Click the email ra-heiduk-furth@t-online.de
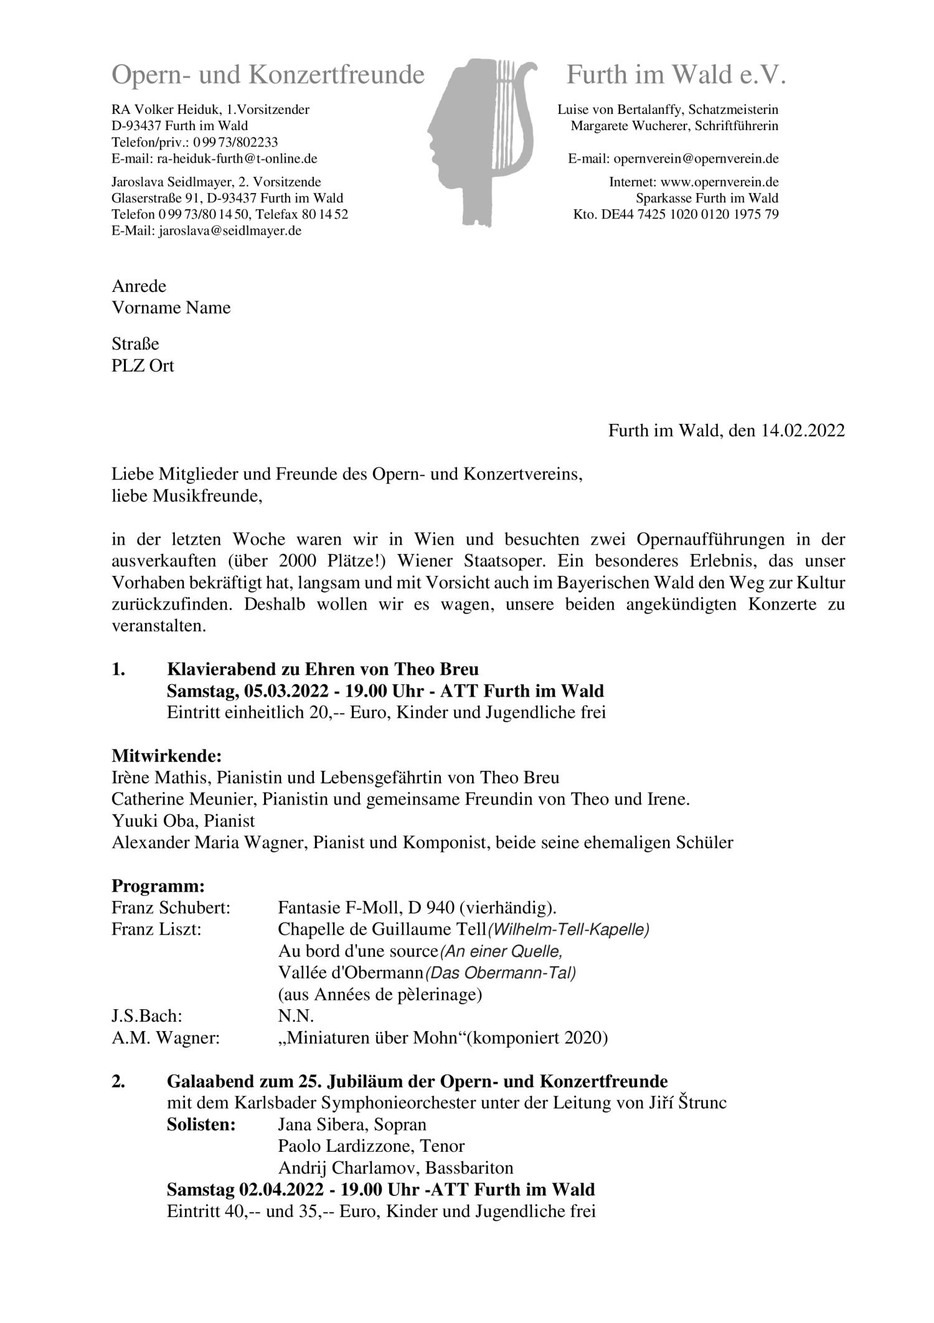pos(237,159)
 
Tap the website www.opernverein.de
pos(719,182)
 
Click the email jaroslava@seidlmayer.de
pos(230,231)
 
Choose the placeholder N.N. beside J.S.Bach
pos(296,1016)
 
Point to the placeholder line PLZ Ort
pos(143,365)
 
